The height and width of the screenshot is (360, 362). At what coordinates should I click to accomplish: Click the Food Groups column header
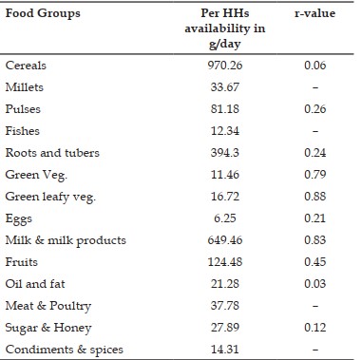[x=43, y=13]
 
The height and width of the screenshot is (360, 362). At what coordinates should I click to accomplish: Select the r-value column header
[x=314, y=13]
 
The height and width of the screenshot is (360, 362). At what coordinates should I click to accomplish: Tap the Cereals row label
[x=26, y=66]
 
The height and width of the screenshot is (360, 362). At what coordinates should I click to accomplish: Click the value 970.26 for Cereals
[x=225, y=66]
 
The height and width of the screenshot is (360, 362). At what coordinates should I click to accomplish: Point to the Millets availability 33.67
[x=225, y=87]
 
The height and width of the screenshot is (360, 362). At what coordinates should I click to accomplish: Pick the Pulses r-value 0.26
[x=314, y=109]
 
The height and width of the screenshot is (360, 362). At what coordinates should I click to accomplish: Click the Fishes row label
[x=23, y=131]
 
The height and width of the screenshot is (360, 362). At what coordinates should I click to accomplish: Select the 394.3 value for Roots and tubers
[x=225, y=153]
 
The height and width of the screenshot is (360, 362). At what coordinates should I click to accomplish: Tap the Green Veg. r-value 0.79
[x=314, y=175]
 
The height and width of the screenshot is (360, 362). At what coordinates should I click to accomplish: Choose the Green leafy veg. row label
[x=50, y=197]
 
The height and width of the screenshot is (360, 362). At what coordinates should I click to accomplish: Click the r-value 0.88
[x=314, y=197]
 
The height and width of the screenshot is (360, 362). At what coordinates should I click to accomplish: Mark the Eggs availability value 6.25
[x=225, y=218]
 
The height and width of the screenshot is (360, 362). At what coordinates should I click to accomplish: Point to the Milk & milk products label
[x=66, y=240]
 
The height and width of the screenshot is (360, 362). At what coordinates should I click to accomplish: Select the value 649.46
[x=225, y=240]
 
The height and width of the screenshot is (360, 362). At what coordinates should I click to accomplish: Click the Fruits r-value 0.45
[x=314, y=262]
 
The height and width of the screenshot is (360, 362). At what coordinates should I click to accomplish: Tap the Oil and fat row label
[x=35, y=284]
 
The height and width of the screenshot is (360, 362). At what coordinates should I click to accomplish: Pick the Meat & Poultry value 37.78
[x=225, y=306]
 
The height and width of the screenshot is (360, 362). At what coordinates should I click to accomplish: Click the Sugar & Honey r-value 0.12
[x=314, y=328]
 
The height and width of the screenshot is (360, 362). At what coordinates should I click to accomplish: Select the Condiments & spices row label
[x=65, y=350]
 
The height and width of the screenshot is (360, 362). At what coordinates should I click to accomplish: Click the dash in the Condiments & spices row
[x=315, y=350]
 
